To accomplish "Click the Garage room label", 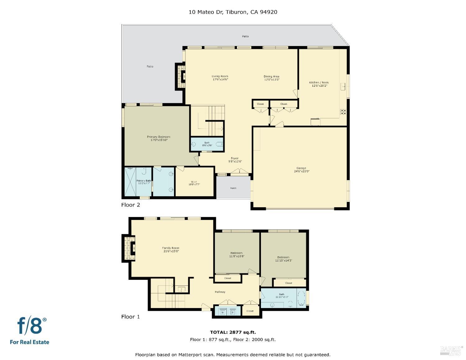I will click(301, 168).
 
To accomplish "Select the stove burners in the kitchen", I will click(343, 112).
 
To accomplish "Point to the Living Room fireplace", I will click(180, 76).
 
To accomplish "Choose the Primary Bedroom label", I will click(158, 137).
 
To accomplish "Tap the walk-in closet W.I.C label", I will click(194, 182).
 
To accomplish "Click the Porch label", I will click(233, 188).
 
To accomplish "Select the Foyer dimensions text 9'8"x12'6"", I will click(235, 162).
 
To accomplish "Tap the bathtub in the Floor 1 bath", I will click(301, 298).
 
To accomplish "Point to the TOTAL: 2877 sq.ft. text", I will click(233, 332).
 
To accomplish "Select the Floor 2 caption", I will click(130, 205).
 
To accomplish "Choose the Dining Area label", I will click(271, 76).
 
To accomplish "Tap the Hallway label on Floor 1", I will click(220, 292).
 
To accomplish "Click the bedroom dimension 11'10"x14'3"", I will click(283, 261).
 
